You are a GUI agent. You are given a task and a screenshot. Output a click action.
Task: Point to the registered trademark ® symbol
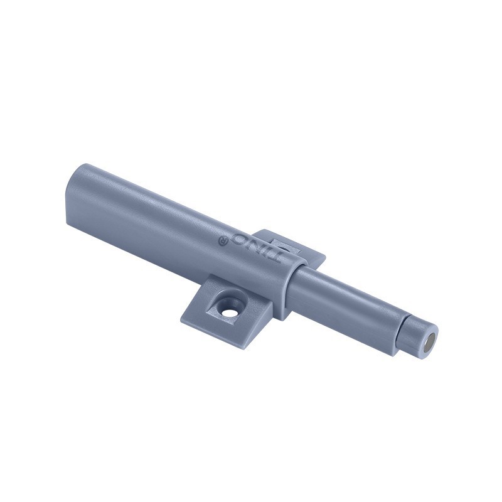(222, 240)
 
